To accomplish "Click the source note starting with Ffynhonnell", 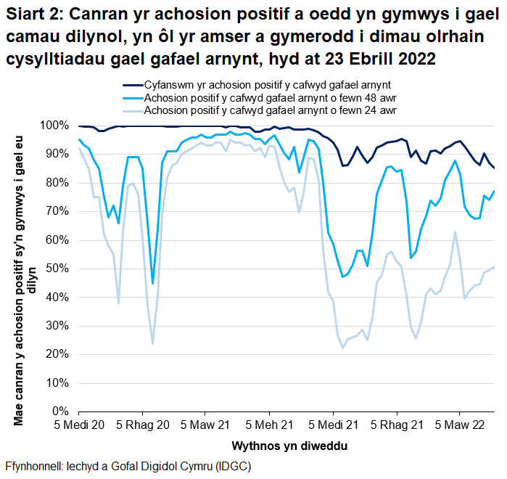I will point(128,465).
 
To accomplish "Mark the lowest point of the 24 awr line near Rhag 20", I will point(152,343).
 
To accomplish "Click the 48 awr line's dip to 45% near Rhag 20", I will point(152,283).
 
